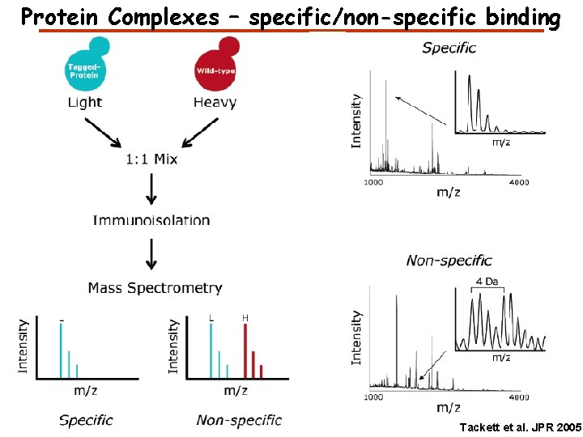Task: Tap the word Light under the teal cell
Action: pos(85,102)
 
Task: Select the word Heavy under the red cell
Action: pos(215,102)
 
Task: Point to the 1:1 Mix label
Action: pos(151,159)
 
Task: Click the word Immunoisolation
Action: pos(151,220)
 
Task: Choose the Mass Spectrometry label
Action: pos(155,288)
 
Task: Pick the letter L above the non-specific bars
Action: pos(211,319)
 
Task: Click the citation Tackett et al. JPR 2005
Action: pos(518,426)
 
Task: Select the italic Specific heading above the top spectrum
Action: pos(449,48)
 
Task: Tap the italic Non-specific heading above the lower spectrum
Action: pos(449,261)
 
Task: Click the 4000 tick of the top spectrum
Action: pos(518,182)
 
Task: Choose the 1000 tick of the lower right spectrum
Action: pos(373,397)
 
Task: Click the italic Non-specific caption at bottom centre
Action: pos(239,420)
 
